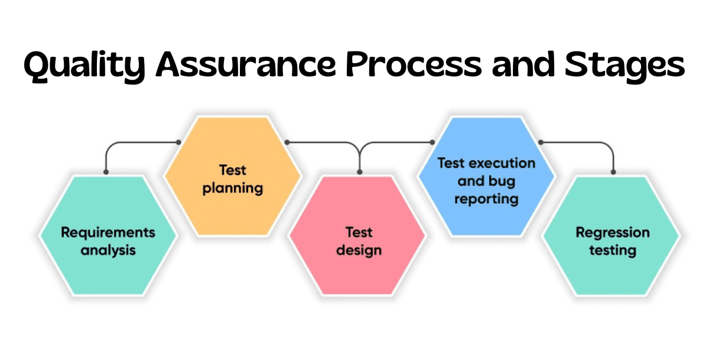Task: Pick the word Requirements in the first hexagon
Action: [108, 232]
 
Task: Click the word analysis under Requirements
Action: [108, 250]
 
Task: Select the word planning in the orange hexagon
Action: [232, 189]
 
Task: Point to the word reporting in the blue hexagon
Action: [486, 198]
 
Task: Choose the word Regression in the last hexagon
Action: [613, 232]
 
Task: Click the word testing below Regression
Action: [613, 250]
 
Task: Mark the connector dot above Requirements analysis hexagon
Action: [106, 172]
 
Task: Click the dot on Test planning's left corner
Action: [178, 142]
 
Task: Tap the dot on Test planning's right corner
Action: [287, 142]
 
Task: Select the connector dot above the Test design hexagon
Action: [359, 172]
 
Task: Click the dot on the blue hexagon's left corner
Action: [432, 142]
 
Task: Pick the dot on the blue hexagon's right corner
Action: [540, 142]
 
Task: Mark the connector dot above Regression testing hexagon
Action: [613, 172]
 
